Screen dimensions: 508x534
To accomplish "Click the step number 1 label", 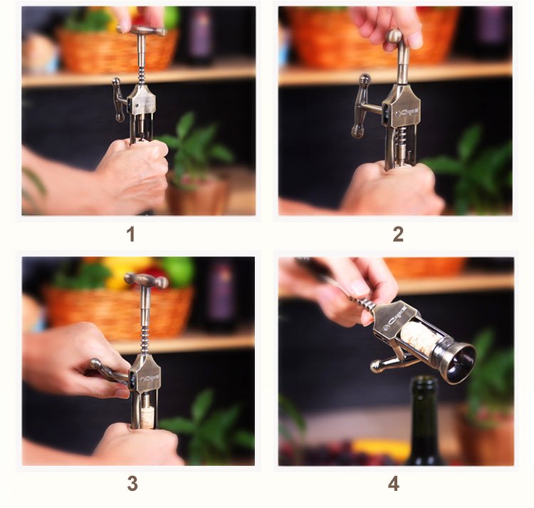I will [130, 234].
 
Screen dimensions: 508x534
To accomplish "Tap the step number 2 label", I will [398, 234].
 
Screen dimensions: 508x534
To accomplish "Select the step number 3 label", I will [132, 483].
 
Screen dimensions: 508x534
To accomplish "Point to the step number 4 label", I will [394, 483].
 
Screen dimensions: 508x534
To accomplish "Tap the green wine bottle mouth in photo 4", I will [426, 384].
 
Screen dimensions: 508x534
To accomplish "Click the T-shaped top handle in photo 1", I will [142, 31].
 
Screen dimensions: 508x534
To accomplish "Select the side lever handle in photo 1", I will [118, 100].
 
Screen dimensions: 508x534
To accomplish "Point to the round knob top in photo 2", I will [394, 36].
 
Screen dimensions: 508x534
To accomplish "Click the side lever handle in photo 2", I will [363, 107].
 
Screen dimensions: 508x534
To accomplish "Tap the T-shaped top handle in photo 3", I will [145, 280].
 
